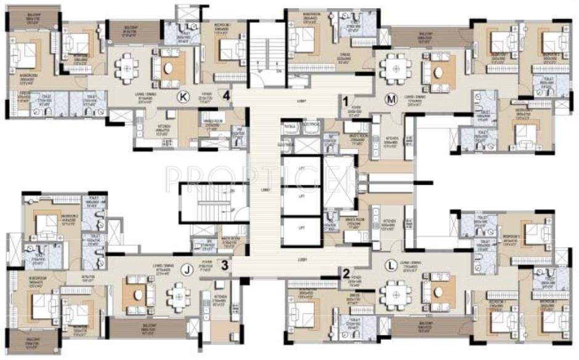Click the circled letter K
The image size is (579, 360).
(182, 96)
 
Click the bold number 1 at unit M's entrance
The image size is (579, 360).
(346, 99)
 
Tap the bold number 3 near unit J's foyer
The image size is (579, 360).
(225, 266)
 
